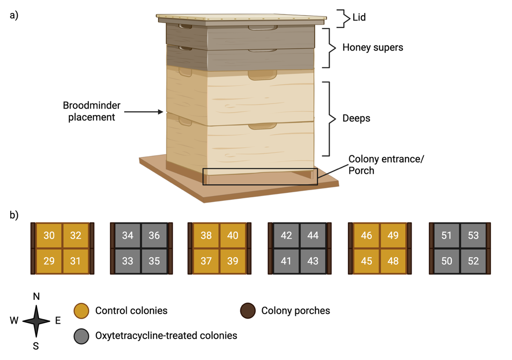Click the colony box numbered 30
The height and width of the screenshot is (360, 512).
tap(49, 235)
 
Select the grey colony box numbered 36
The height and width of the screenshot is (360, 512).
tap(154, 235)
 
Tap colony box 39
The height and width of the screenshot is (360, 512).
tap(233, 261)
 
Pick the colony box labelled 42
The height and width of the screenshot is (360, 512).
tap(286, 235)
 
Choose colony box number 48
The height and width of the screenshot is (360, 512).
tap(393, 261)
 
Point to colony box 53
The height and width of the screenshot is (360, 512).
tap(473, 235)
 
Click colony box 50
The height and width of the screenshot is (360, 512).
tap(446, 261)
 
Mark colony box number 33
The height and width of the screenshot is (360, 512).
tap(127, 261)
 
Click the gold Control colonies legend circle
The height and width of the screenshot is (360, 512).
tap(81, 311)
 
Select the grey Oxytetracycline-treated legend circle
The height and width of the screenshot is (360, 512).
tap(81, 336)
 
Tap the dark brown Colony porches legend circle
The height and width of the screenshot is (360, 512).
tap(248, 311)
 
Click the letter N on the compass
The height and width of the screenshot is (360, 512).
tap(36, 296)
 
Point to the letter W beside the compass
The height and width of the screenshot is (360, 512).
tap(14, 320)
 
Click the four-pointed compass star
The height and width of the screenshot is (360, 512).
tap(36, 321)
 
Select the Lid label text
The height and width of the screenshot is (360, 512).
tap(359, 17)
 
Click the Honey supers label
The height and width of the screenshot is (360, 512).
tap(372, 47)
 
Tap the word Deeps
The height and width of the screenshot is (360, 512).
tap(356, 118)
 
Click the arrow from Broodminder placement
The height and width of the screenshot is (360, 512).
tap(143, 112)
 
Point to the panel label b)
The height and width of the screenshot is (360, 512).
tap(14, 215)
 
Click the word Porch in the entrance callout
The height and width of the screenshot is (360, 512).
tap(361, 171)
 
